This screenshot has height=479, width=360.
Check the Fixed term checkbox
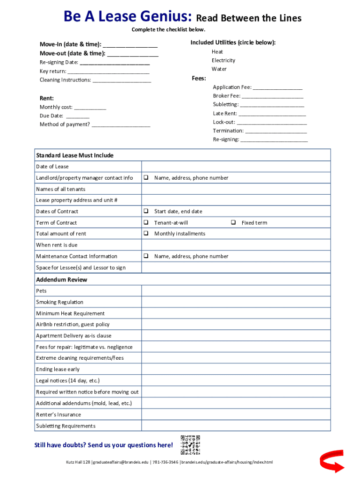pyautogui.click(x=233, y=223)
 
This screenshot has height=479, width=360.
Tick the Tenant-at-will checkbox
pyautogui.click(x=146, y=223)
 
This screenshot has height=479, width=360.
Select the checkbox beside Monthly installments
pyautogui.click(x=146, y=233)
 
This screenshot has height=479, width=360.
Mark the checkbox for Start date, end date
pyautogui.click(x=146, y=211)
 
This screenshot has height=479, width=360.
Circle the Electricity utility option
pyautogui.click(x=223, y=60)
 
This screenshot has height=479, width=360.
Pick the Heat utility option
pyautogui.click(x=217, y=52)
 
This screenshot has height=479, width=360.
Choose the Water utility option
pyautogui.click(x=219, y=69)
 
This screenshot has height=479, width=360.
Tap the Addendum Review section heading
pyautogui.click(x=62, y=280)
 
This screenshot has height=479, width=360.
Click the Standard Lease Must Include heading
pyautogui.click(x=75, y=155)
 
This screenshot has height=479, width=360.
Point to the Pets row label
pyautogui.click(x=42, y=291)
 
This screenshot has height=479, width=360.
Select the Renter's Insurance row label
pyautogui.click(x=58, y=415)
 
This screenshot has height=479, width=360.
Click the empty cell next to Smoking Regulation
pyautogui.click(x=236, y=302)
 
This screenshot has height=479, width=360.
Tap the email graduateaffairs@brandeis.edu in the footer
pyautogui.click(x=121, y=463)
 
